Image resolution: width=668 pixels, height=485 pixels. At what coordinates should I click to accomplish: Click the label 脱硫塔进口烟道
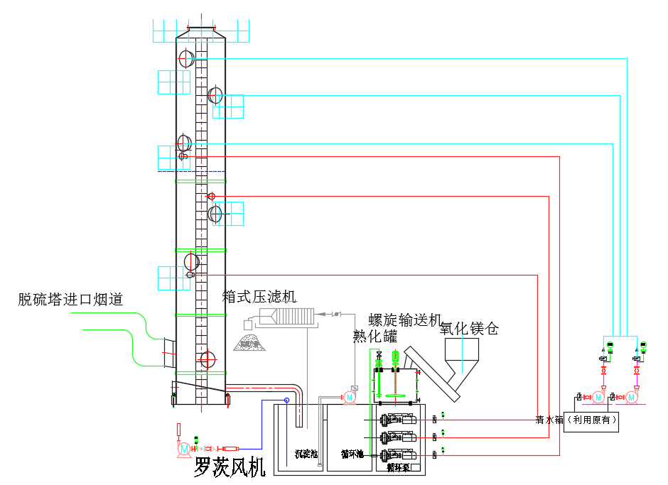tap(70, 300)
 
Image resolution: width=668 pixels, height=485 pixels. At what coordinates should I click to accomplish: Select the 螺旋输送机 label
tap(405, 319)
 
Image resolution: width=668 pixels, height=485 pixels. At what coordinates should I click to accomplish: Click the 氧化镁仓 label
tap(469, 329)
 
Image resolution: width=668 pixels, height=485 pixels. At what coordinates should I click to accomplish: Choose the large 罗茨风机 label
tap(230, 467)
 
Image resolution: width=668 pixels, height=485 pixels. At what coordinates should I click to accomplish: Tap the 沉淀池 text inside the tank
tap(306, 454)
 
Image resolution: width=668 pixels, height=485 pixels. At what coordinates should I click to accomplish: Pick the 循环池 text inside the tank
tap(352, 454)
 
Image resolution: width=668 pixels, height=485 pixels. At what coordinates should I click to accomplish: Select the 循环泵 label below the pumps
tap(398, 468)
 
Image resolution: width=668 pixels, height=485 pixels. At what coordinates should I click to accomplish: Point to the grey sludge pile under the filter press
tap(248, 344)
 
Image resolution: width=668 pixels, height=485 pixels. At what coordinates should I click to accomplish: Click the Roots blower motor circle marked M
tap(185, 448)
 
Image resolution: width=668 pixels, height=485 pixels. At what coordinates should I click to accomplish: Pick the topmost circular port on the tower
tap(186, 58)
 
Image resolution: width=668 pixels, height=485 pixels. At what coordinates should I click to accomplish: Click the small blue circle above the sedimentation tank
tap(286, 400)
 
